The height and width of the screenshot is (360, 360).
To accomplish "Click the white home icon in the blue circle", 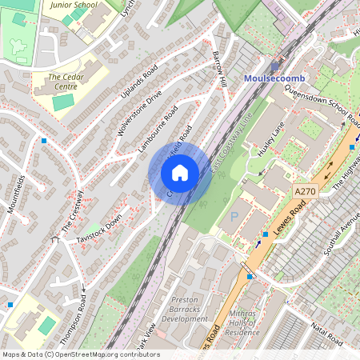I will tap(180, 172).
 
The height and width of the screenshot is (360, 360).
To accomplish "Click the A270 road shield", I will tap(306, 192).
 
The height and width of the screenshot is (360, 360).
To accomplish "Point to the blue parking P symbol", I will tap(234, 216).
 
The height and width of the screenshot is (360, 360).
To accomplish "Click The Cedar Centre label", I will tap(66, 82).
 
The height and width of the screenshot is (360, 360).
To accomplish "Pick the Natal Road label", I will tap(327, 329).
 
